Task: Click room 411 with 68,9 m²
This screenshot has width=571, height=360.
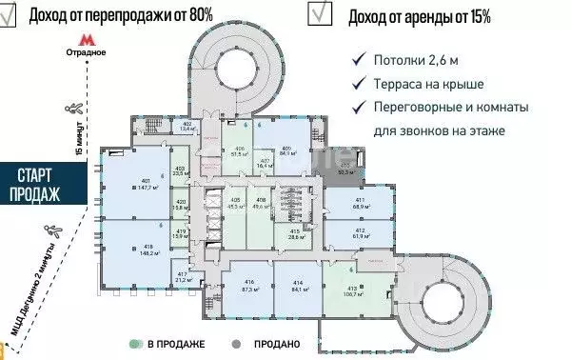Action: (x=360, y=203)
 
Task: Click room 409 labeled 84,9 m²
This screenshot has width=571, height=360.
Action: (x=285, y=149)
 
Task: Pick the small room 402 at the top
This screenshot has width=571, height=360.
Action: (x=187, y=126)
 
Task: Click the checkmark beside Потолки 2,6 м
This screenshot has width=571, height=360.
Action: (x=358, y=59)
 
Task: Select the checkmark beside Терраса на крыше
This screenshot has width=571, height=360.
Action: (x=358, y=83)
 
